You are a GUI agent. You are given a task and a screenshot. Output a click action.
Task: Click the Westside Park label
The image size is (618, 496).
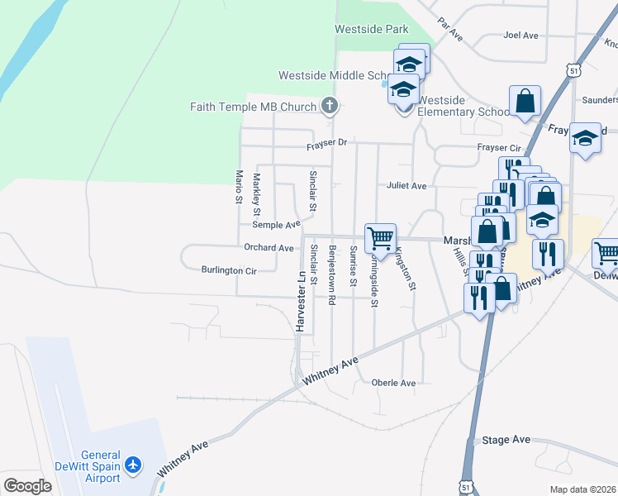coord(371,29)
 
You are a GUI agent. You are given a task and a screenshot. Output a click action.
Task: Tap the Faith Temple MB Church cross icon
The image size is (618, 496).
coord(330,106)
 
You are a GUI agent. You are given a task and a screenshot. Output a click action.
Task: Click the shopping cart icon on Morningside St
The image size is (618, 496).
coord(380,238)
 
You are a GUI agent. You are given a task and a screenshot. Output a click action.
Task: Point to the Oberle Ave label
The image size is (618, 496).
coord(394,383)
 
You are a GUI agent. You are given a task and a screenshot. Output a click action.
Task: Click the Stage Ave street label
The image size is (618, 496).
coord(506,440)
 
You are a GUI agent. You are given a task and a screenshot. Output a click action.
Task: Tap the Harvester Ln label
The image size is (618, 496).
coord(301,301)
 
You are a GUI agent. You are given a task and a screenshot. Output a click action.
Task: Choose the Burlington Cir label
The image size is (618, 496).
coord(229,270)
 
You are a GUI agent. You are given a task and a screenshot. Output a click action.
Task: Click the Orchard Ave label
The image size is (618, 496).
coord(269,247)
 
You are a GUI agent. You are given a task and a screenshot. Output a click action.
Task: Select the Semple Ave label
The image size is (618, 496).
coord(276,225)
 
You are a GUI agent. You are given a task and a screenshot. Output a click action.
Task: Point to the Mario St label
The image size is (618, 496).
coord(239,187)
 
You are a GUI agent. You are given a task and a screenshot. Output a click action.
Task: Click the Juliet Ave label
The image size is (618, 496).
coord(406,186)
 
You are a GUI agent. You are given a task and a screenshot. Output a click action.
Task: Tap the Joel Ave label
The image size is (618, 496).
coord(521,36)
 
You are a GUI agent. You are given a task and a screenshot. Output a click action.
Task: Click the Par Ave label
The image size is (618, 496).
coord(451,30)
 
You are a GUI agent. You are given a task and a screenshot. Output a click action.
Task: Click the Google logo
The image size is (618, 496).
coord(27,486)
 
